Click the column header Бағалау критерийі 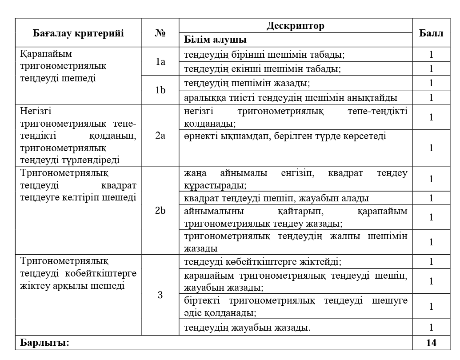click(x=78, y=33)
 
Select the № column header click(x=160, y=33)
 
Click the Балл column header click(x=431, y=33)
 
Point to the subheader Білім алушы click(x=216, y=40)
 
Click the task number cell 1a click(x=160, y=62)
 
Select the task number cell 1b click(x=160, y=90)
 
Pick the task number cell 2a click(x=160, y=136)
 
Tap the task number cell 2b click(x=160, y=211)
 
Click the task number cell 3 click(x=160, y=294)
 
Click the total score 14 click(x=431, y=343)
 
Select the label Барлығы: click(x=44, y=343)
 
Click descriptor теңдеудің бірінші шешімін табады click(x=264, y=55)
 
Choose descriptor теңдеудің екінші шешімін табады click(x=263, y=69)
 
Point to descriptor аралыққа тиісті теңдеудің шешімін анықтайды click(x=291, y=97)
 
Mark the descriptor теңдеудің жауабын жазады click(x=247, y=328)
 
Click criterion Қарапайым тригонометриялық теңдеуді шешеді click(x=64, y=66)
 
